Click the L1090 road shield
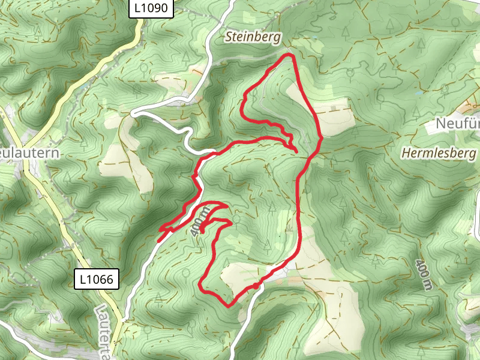point(152,9)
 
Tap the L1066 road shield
point(97,279)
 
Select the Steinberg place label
point(253,37)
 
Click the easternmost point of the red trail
point(322,137)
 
